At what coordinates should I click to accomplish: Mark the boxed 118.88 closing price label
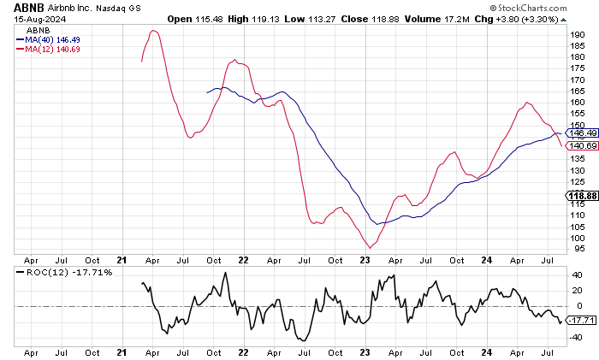pyautogui.click(x=582, y=196)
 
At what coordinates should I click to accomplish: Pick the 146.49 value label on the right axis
pyautogui.click(x=582, y=133)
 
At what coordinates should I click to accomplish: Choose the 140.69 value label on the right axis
pyautogui.click(x=582, y=146)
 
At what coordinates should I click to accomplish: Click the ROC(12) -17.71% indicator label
pyautogui.click(x=56, y=272)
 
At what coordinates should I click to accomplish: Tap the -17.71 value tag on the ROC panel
pyautogui.click(x=581, y=321)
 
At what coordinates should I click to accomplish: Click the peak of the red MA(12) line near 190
pyautogui.click(x=153, y=31)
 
